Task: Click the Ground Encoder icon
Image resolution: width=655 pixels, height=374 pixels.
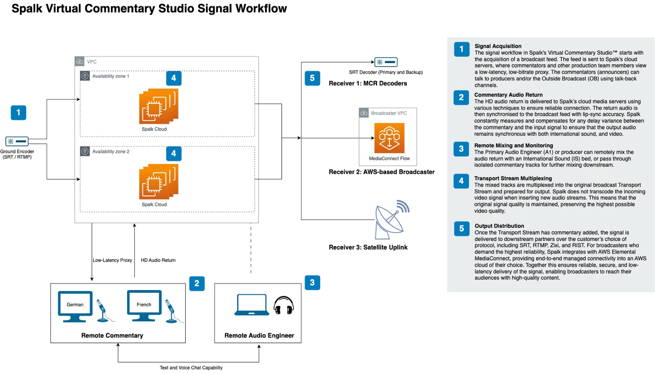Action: coord(17,141)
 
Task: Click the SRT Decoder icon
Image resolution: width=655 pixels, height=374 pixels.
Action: coord(386,62)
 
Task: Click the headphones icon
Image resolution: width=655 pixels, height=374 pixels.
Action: coord(283,305)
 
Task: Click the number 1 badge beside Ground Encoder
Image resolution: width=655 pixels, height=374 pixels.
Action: coord(18,112)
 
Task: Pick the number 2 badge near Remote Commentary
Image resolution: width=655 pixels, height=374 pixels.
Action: coord(197,283)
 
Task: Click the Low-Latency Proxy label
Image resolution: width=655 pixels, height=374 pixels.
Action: coord(112,260)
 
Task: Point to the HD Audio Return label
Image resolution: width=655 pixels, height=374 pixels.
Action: coord(158,260)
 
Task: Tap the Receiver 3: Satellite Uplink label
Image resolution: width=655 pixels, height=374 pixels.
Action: coord(368,247)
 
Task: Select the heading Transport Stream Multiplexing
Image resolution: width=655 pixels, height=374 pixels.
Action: coord(513,179)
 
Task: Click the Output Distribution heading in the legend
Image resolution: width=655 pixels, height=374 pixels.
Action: coord(499,226)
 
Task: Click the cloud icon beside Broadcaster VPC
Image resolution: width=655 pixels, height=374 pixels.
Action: coord(364,113)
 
